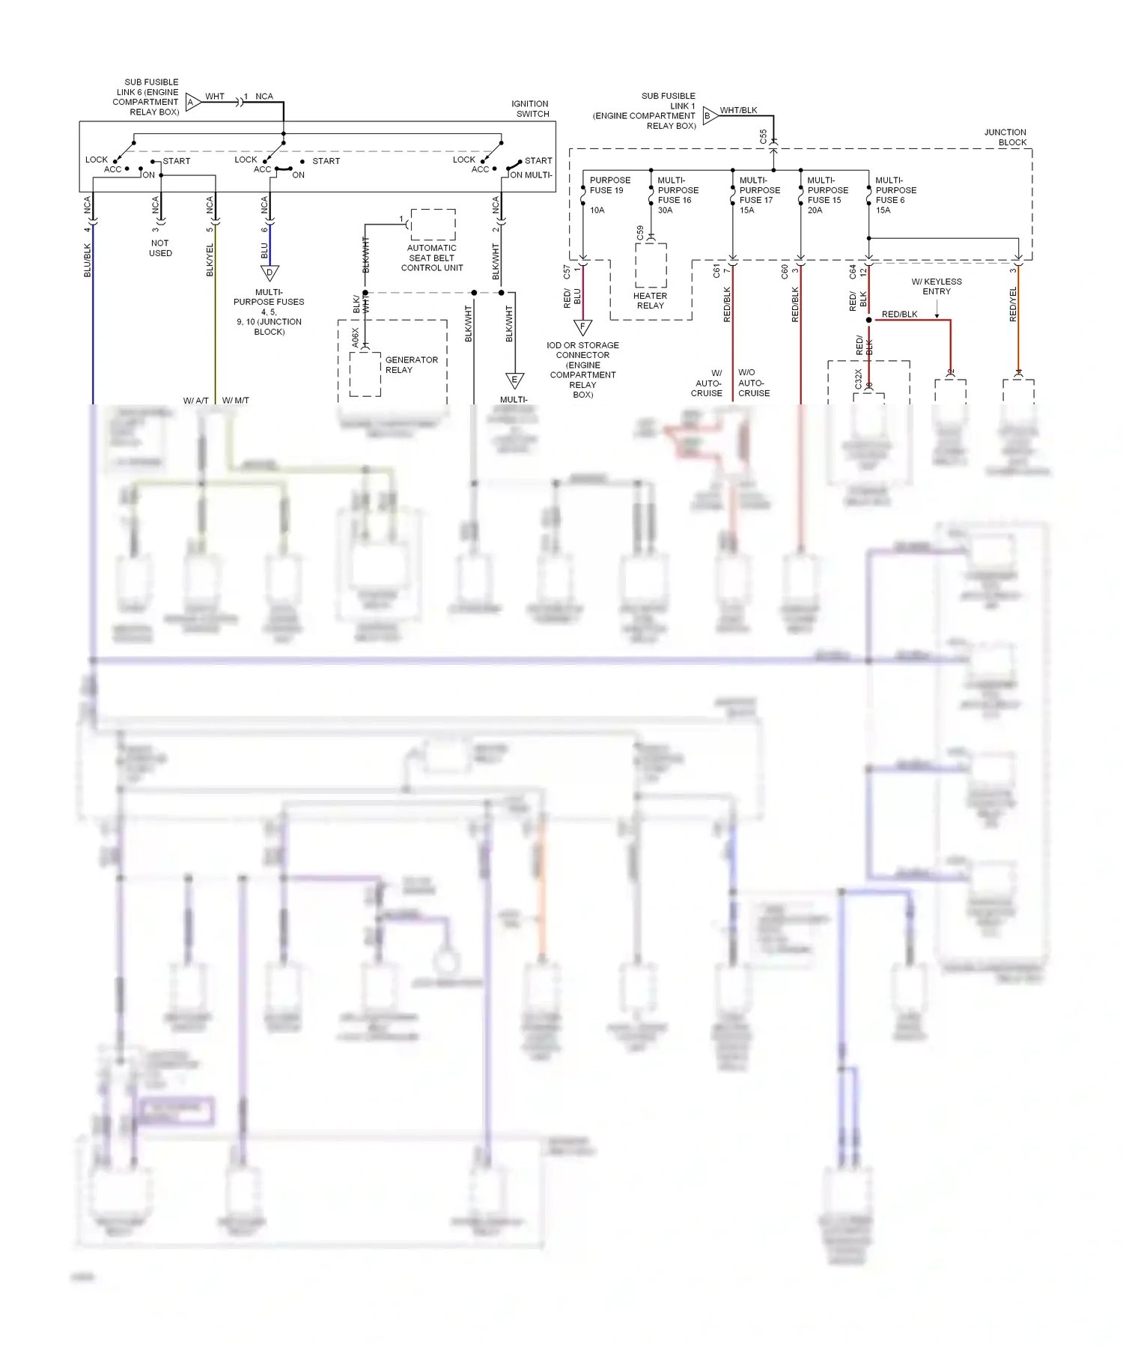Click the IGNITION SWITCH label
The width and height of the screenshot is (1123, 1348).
pyautogui.click(x=530, y=109)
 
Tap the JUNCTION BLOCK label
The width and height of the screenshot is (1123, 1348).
pyautogui.click(x=1005, y=137)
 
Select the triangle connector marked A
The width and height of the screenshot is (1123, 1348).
pyautogui.click(x=192, y=103)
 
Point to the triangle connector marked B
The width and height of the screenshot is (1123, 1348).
pyautogui.click(x=709, y=116)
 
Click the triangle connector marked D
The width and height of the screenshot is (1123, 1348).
pyautogui.click(x=270, y=273)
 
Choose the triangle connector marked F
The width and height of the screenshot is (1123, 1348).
pyautogui.click(x=582, y=327)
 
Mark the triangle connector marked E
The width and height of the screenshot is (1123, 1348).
pyautogui.click(x=514, y=380)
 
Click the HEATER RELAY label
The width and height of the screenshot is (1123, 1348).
pyautogui.click(x=650, y=300)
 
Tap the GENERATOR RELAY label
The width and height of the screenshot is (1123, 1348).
pyautogui.click(x=411, y=365)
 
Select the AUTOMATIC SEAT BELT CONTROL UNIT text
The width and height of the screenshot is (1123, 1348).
pyautogui.click(x=432, y=258)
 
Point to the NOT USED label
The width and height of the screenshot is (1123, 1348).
pyautogui.click(x=160, y=248)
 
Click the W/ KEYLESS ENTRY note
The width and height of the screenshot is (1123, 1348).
pyautogui.click(x=937, y=286)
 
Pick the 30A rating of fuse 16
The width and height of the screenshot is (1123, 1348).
pyautogui.click(x=665, y=210)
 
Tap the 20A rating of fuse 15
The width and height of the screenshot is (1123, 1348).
pyautogui.click(x=815, y=210)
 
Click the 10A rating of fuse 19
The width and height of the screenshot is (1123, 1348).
pyautogui.click(x=597, y=210)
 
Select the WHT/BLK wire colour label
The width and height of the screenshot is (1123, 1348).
pyautogui.click(x=738, y=110)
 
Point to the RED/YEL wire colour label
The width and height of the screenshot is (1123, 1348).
pyautogui.click(x=1013, y=305)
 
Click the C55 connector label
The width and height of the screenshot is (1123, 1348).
pyautogui.click(x=763, y=136)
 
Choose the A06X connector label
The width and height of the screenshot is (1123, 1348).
pyautogui.click(x=356, y=337)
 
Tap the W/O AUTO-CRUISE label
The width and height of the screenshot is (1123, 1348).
pyautogui.click(x=753, y=383)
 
